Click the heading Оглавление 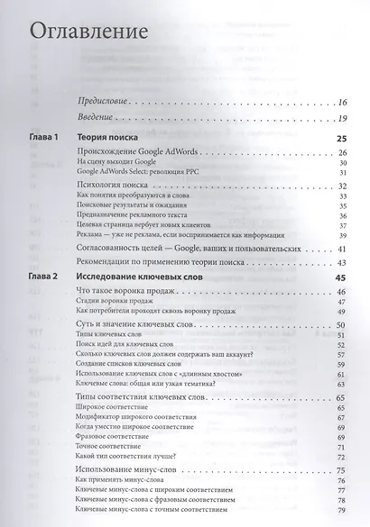point(88,32)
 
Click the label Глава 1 point(44,138)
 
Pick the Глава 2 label point(44,276)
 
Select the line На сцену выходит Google point(122,164)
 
